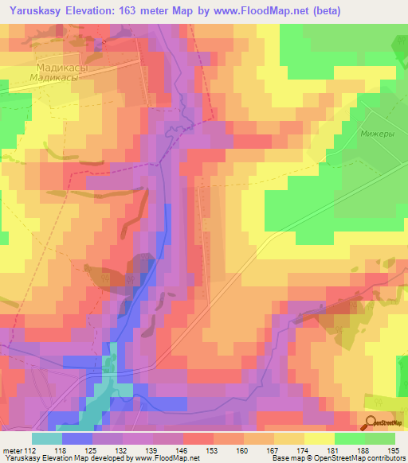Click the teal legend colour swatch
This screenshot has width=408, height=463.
47,438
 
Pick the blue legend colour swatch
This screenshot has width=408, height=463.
77,438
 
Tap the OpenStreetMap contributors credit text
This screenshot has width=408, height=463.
366,457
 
